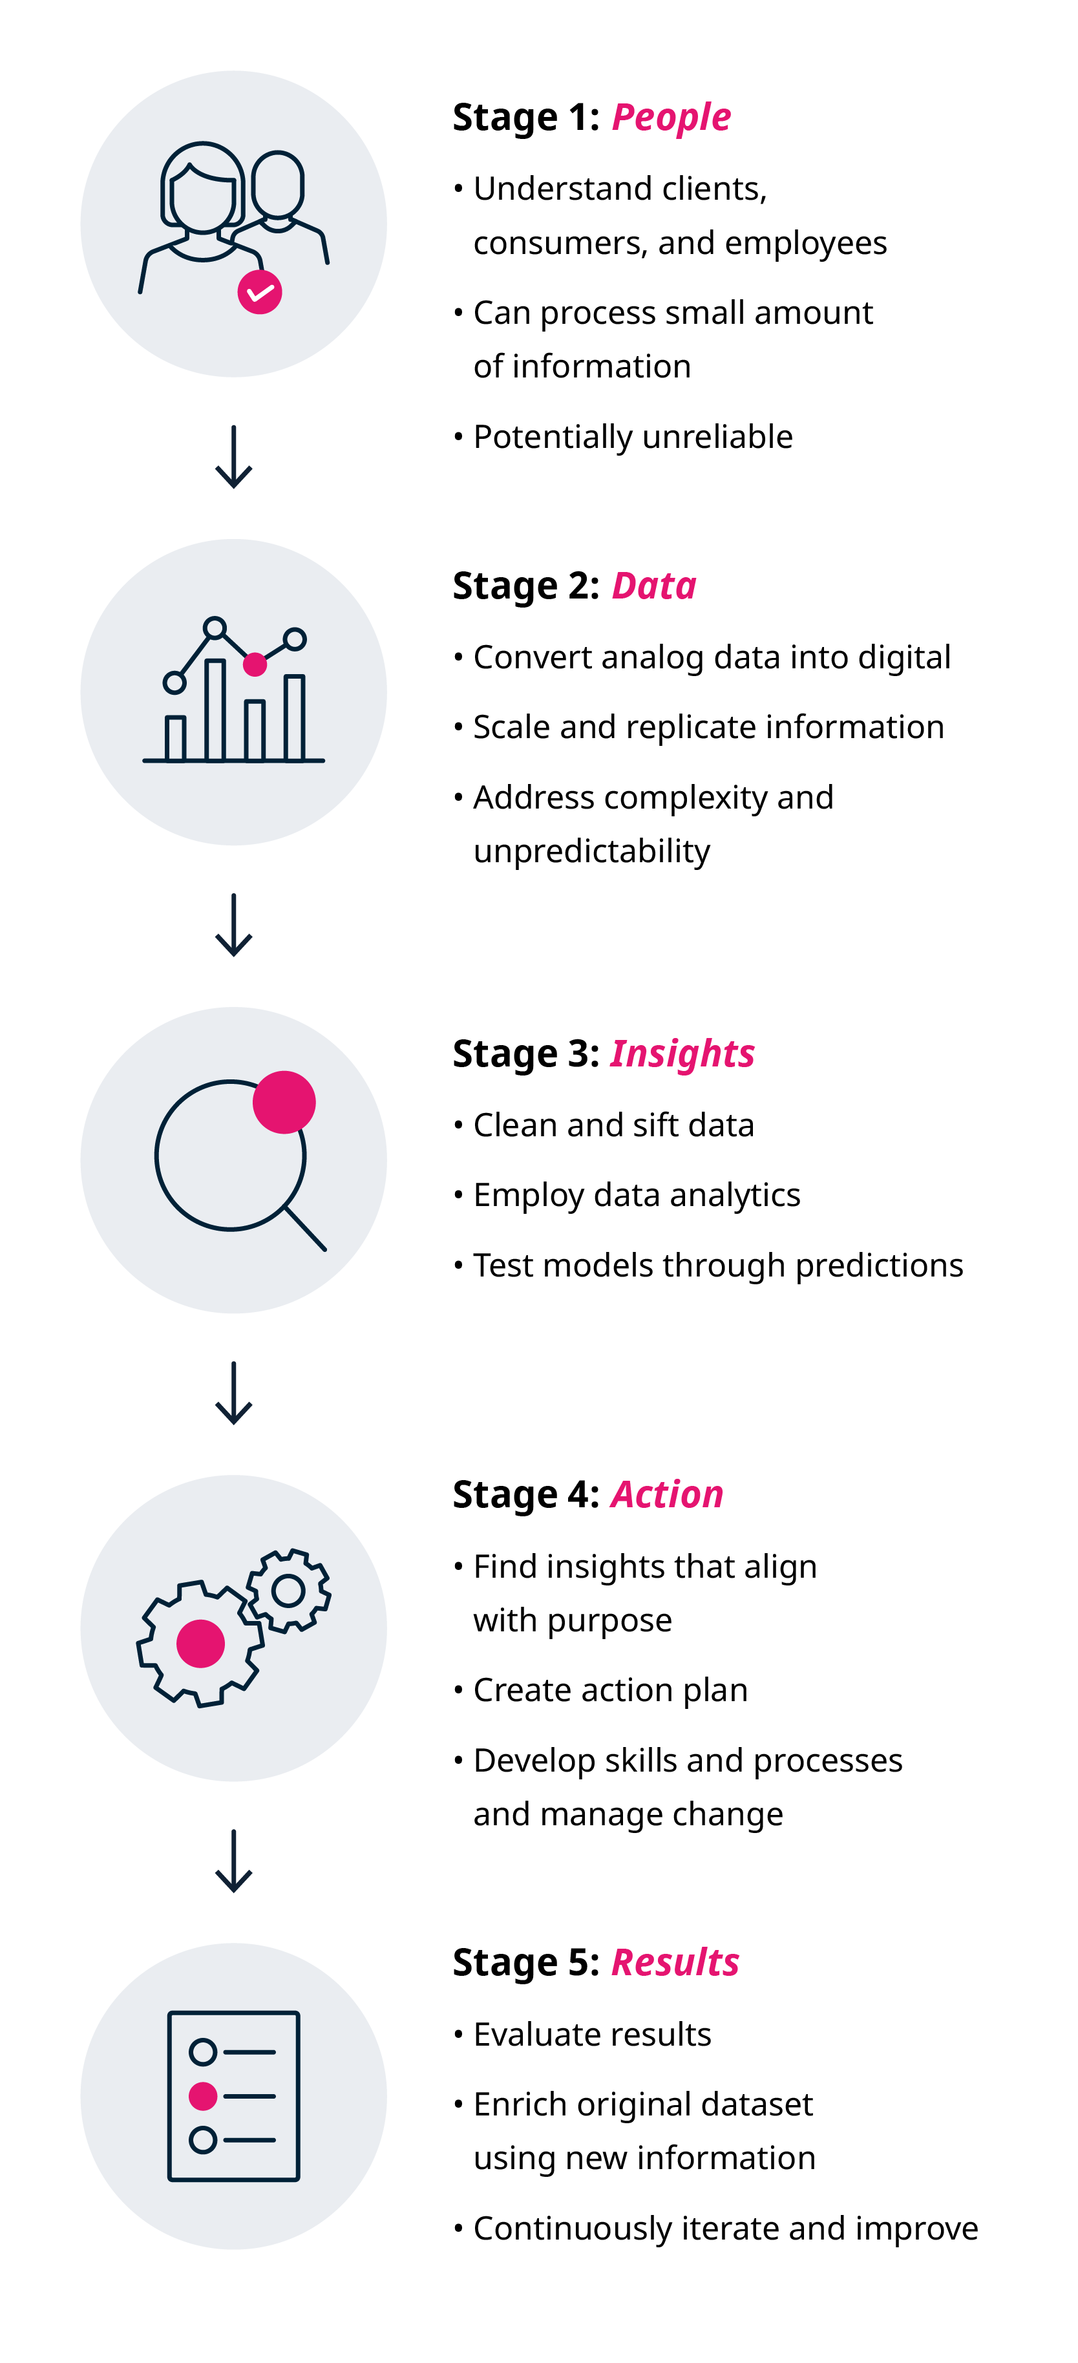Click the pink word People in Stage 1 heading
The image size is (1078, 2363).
pos(671,118)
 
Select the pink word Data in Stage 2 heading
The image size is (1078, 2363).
pos(654,586)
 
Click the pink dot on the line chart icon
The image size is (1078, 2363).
pos(255,664)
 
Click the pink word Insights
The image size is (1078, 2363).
pos(682,1055)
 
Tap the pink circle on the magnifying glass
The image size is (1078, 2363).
pos(284,1102)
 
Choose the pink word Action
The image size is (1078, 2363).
pos(667,1494)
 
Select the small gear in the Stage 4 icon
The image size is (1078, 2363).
pos(288,1591)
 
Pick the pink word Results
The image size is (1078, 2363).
pos(675,1962)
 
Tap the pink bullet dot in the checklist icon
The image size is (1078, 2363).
pos(203,2096)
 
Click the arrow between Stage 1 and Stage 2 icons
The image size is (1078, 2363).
pos(234,457)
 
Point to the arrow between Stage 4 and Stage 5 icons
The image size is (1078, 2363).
pos(234,1861)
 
